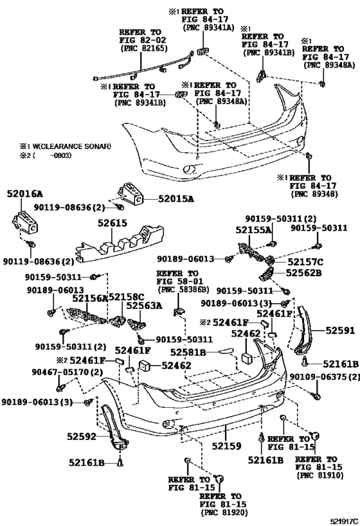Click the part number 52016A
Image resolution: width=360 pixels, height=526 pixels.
[25, 194]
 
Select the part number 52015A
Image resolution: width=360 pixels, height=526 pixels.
[176, 199]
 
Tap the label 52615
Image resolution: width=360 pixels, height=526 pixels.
[113, 223]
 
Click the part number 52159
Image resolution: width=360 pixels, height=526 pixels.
[226, 446]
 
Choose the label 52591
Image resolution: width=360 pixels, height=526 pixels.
[340, 331]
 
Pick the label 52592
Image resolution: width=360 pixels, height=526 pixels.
[82, 437]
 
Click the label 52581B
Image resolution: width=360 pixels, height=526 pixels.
[188, 352]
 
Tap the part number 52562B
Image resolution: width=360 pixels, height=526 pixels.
[304, 273]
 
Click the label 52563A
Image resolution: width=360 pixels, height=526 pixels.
[144, 306]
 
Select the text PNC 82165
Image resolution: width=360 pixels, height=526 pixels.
[144, 49]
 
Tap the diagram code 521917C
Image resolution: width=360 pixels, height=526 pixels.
[344, 521]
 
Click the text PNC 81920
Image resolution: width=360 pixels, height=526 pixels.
[224, 513]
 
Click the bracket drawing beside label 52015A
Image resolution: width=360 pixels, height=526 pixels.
[130, 194]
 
